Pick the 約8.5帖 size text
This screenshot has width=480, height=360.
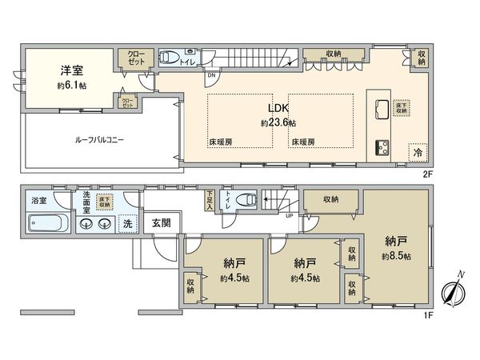coord(396,256)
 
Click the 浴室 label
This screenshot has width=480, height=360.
coord(38,199)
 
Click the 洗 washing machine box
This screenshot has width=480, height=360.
coord(126,223)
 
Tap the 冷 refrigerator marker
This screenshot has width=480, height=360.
coord(417,152)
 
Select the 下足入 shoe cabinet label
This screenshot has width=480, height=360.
coord(210,198)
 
